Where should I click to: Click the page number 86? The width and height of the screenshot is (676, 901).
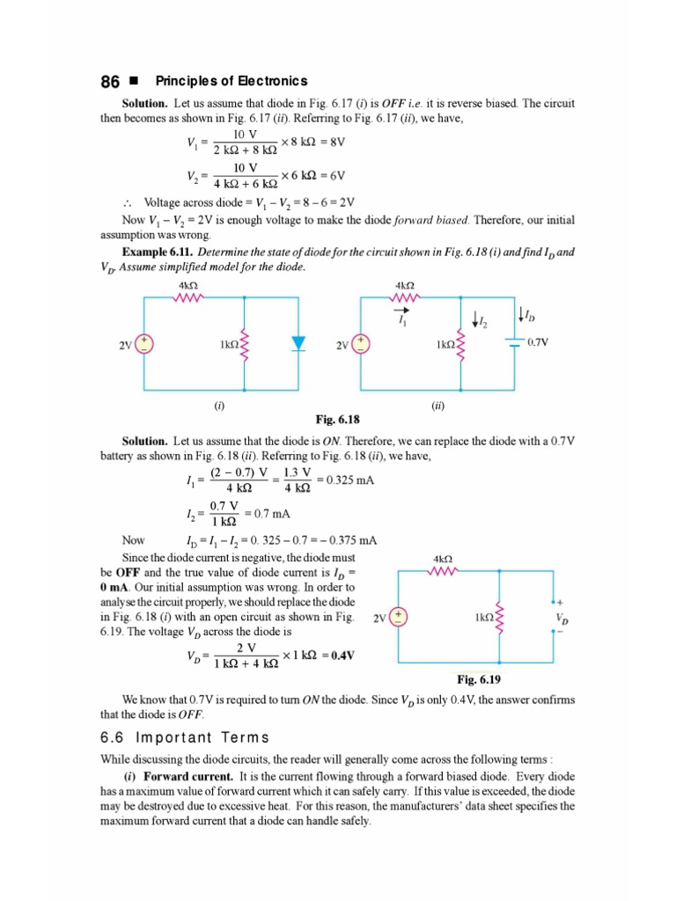point(110,81)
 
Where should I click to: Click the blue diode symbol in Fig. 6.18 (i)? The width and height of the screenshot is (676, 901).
point(298,343)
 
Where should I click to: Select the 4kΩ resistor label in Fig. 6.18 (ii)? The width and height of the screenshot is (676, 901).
point(406,285)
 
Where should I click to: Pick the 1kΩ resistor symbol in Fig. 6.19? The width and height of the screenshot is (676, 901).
point(499,616)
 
